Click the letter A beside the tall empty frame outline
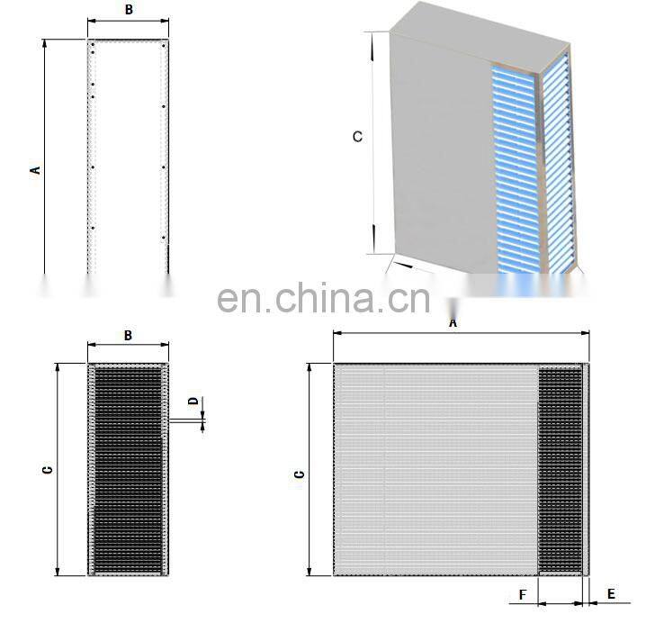point(36,169)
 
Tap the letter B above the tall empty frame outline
point(129,10)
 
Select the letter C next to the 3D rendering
point(357,137)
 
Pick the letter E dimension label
point(611,594)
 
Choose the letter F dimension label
point(522,594)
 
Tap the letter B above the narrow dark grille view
point(128,335)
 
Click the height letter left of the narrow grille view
point(49,469)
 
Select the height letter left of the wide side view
point(300,472)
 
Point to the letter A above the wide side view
point(453,321)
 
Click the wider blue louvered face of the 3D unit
point(514,171)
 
